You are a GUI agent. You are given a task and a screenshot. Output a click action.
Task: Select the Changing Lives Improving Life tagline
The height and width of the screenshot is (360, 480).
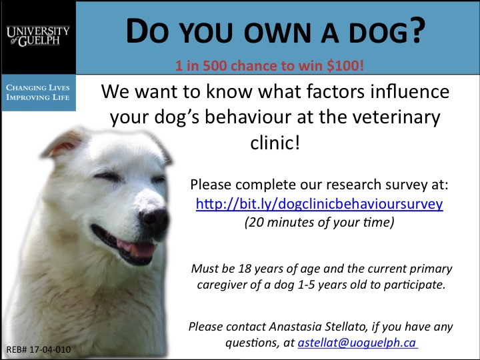(37, 93)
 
